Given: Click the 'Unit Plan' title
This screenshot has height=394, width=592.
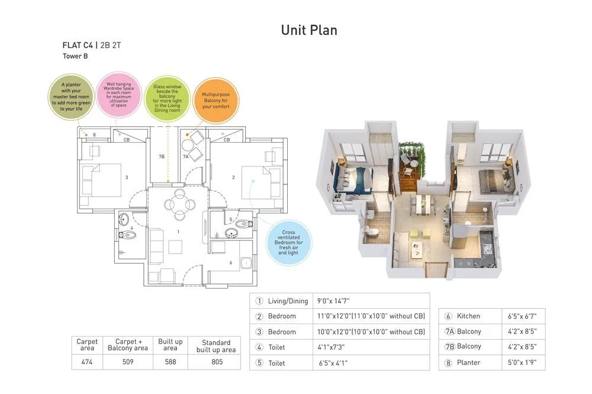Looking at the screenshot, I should [309, 30].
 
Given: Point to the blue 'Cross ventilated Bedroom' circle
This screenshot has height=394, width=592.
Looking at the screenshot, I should [288, 243].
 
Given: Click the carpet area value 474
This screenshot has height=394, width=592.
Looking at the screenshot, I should [87, 361].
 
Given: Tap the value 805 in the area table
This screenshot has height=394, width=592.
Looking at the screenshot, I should [216, 361].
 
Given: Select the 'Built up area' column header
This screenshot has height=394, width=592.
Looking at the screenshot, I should [170, 345].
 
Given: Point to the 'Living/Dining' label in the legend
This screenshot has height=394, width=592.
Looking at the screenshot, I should [288, 301].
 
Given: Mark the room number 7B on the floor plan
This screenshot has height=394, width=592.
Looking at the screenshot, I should [161, 157].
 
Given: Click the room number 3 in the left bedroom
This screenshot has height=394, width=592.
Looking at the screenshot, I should [127, 177].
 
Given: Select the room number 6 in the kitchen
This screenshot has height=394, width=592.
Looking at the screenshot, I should [231, 262].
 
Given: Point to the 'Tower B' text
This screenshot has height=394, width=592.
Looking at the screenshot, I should [75, 56].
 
